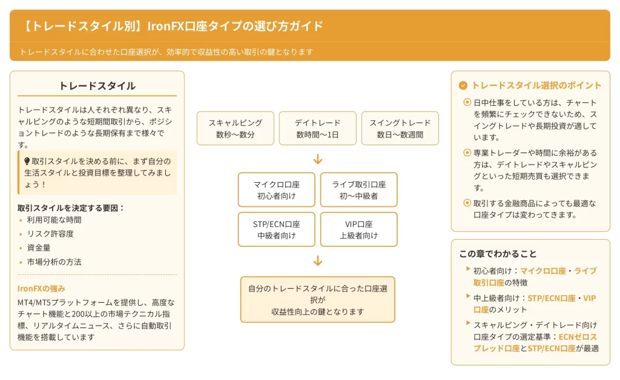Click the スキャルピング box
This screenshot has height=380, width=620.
tap(235, 128)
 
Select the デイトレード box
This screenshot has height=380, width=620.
tap(318, 128)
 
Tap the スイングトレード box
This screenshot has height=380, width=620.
tap(400, 128)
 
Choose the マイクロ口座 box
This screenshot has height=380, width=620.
tap(276, 189)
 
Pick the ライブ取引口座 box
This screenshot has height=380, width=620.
tap(358, 189)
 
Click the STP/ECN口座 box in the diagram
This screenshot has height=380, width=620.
tap(276, 229)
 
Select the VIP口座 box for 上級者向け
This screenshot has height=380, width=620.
tap(358, 229)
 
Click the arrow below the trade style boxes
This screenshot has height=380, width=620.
tap(318, 159)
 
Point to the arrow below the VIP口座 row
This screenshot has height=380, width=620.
tap(318, 261)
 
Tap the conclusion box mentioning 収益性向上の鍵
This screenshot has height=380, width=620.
tap(318, 300)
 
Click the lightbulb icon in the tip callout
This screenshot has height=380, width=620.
tap(27, 161)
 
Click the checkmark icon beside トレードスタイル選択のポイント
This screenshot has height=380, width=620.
tap(463, 86)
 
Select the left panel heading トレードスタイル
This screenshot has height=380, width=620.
tap(97, 86)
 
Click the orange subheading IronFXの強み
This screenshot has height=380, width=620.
tap(41, 288)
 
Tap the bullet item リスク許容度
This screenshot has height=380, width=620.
tap(50, 234)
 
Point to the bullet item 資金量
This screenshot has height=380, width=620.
tap(39, 247)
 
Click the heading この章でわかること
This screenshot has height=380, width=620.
tap(498, 254)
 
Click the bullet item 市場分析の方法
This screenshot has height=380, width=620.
tap(54, 262)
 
